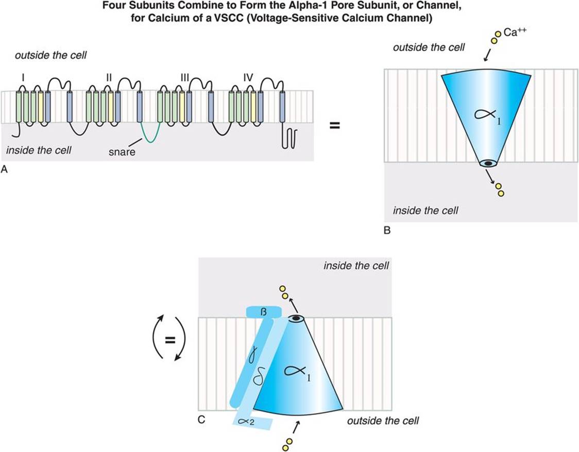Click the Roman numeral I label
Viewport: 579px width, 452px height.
[x=23, y=77]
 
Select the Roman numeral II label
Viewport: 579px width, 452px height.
[x=108, y=77]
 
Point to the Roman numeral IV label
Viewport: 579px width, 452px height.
[x=249, y=77]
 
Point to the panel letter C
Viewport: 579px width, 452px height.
[x=202, y=420]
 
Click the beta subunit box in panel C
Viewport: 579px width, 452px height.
[x=263, y=312]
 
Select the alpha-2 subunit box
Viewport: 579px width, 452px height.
[x=252, y=422]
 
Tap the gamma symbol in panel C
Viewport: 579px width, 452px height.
[x=253, y=355]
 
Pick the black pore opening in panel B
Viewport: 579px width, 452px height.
[x=487, y=163]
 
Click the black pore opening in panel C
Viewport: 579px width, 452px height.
[x=296, y=319]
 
